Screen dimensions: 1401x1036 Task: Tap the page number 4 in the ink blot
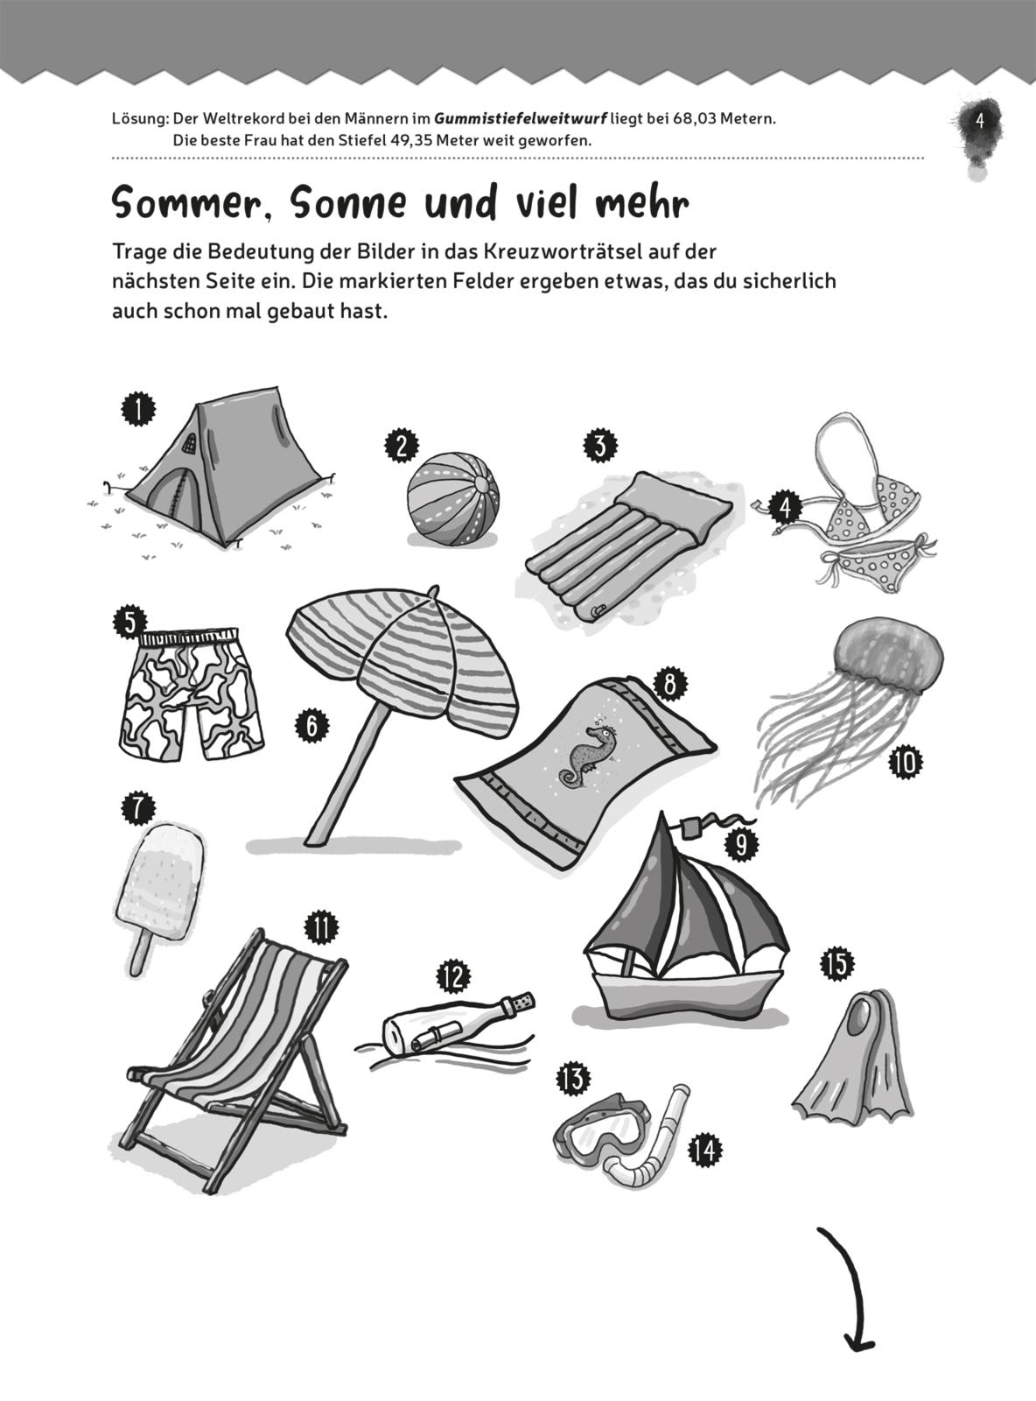click(x=980, y=122)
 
